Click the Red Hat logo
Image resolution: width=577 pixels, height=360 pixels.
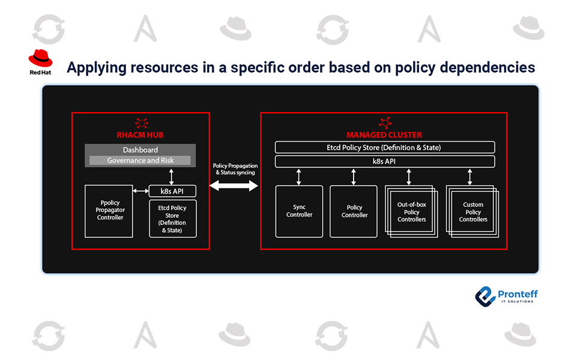pos(40,62)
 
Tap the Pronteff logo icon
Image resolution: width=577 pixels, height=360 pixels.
pos(484,296)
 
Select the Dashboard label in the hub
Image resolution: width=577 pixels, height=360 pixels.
pos(140,150)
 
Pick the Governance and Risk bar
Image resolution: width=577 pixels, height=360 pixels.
pos(140,161)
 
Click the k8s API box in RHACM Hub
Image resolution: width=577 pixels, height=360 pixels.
pos(173,191)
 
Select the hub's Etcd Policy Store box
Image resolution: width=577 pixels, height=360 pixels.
pos(173,218)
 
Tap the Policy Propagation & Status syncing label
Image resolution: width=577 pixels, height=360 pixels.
pos(235,169)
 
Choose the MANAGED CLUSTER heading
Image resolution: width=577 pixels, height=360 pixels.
pos(384,135)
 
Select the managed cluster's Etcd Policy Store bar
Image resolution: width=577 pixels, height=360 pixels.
pos(384,147)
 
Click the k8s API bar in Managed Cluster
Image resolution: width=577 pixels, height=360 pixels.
pos(384,161)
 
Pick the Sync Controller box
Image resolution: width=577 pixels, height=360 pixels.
pos(299,211)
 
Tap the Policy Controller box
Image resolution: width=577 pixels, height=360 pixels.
pos(355,211)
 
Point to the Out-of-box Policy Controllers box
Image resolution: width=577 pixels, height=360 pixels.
pos(411,212)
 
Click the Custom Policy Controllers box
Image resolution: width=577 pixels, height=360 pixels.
pos(473,212)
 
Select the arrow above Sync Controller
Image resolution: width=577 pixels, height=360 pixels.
pos(299,176)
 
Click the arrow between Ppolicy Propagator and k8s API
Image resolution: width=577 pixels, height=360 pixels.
pos(140,191)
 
